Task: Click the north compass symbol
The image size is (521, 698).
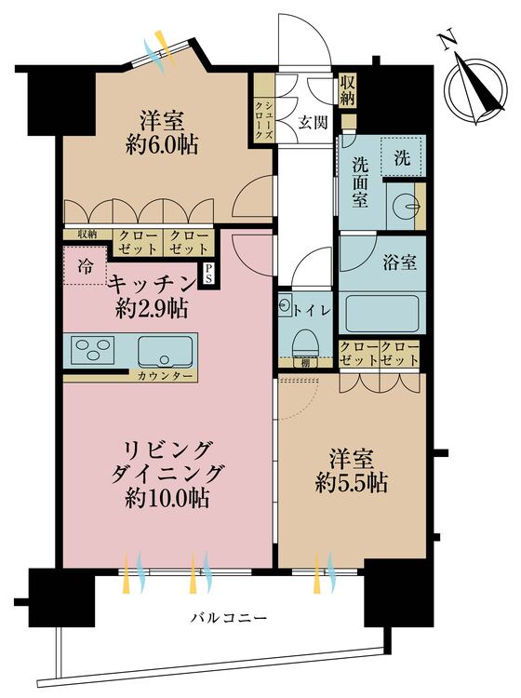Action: click(472, 86)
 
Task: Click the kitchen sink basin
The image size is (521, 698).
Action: click(167, 352)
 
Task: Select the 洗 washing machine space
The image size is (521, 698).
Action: click(402, 156)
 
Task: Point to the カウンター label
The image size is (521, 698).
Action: click(166, 376)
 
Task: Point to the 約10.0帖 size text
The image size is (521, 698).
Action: click(167, 498)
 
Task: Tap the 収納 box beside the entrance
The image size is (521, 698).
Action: click(348, 90)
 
